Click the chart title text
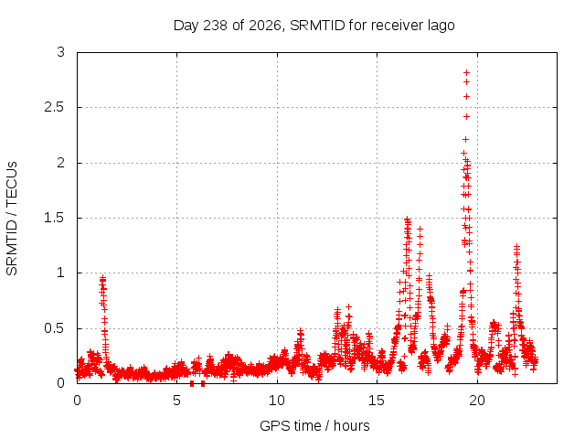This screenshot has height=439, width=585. click(314, 26)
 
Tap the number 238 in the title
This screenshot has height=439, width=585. click(215, 26)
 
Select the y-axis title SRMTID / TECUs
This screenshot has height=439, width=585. click(12, 219)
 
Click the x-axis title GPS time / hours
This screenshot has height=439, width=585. click(314, 425)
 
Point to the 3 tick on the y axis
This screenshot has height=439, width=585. click(61, 52)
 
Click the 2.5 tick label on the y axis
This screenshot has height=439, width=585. click(55, 108)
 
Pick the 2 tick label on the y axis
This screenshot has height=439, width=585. click(61, 163)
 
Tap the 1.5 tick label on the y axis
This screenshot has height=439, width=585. click(55, 218)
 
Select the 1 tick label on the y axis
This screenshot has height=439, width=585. click(61, 273)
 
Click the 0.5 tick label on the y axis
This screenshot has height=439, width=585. click(55, 328)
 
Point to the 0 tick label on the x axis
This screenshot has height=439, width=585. click(77, 401)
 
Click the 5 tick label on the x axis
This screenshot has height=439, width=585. click(176, 401)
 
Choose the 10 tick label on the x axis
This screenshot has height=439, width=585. click(277, 401)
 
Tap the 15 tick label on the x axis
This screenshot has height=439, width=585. click(377, 401)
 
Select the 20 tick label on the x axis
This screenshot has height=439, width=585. click(477, 401)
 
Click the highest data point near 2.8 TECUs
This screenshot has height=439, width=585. click(466, 73)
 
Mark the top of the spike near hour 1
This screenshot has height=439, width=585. click(102, 278)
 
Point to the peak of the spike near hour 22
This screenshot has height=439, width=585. click(516, 246)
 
